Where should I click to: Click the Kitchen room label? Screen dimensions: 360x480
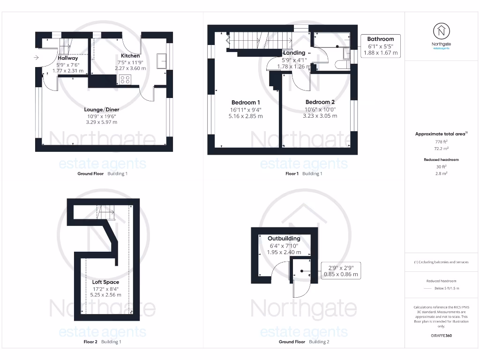[x=130, y=56]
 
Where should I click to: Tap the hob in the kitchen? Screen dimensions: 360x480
[x=125, y=79]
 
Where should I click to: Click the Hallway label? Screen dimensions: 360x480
[x=68, y=58]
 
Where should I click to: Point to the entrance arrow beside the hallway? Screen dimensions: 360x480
[x=36, y=58]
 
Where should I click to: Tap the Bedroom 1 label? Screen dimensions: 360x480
[x=246, y=102]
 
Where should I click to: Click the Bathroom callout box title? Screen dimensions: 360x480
[x=380, y=39]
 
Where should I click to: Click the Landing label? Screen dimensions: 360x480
[x=294, y=53]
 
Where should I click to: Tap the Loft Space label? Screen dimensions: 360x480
[x=105, y=282]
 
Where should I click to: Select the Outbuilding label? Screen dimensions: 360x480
[x=284, y=238]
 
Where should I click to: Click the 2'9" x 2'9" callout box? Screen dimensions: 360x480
[x=341, y=271]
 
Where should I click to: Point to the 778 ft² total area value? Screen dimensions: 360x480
[x=441, y=141]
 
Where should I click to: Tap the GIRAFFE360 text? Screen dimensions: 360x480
[x=441, y=336]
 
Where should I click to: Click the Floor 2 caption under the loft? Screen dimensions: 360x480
[x=88, y=342]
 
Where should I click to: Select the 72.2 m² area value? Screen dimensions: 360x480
[x=441, y=148]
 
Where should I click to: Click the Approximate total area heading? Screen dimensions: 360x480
[x=441, y=134]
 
